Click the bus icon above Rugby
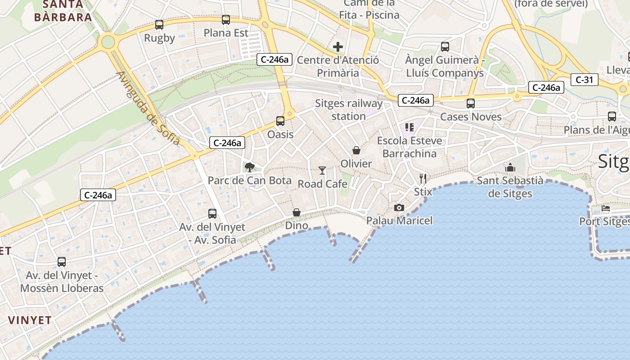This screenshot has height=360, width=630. click(159, 25)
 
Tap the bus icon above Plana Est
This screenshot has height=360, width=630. click(226, 20)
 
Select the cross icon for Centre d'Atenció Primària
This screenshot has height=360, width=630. click(338, 47)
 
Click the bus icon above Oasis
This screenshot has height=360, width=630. click(280, 121)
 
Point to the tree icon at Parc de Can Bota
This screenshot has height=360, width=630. click(249, 167)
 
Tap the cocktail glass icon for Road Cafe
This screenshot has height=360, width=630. click(322, 170)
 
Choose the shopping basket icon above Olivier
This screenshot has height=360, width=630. click(356, 150)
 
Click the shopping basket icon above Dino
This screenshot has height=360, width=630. click(297, 212)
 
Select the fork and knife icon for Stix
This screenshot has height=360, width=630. click(423, 178)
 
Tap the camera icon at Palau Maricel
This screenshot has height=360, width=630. click(399, 207)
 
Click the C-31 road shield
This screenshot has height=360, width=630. click(585, 80)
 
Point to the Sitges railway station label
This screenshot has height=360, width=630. click(349, 110)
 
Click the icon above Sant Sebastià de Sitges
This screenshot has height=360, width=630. click(510, 167)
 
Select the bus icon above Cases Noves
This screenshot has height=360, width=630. click(471, 103)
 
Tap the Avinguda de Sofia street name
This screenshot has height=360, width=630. click(148, 108)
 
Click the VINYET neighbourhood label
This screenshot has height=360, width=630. click(30, 320)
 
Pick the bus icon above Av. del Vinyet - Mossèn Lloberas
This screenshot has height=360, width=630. click(62, 262)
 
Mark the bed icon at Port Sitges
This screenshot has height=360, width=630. click(606, 208)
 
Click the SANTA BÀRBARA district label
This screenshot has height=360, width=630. click(63, 11)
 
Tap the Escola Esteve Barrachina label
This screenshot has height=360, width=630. click(409, 147)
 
